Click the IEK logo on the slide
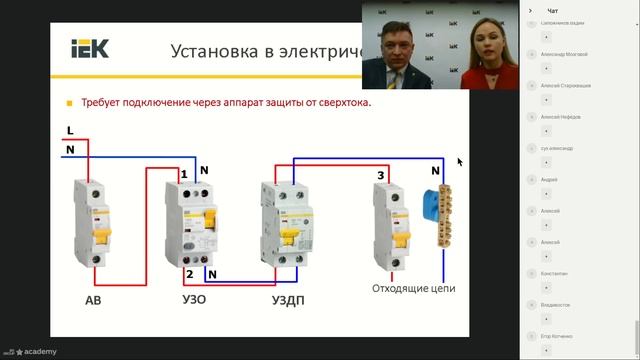87,48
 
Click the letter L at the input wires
69,131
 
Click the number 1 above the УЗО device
184,175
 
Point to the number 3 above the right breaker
380,176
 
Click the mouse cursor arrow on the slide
460,161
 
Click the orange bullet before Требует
69,102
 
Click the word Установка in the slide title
215,50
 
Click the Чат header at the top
553,9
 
